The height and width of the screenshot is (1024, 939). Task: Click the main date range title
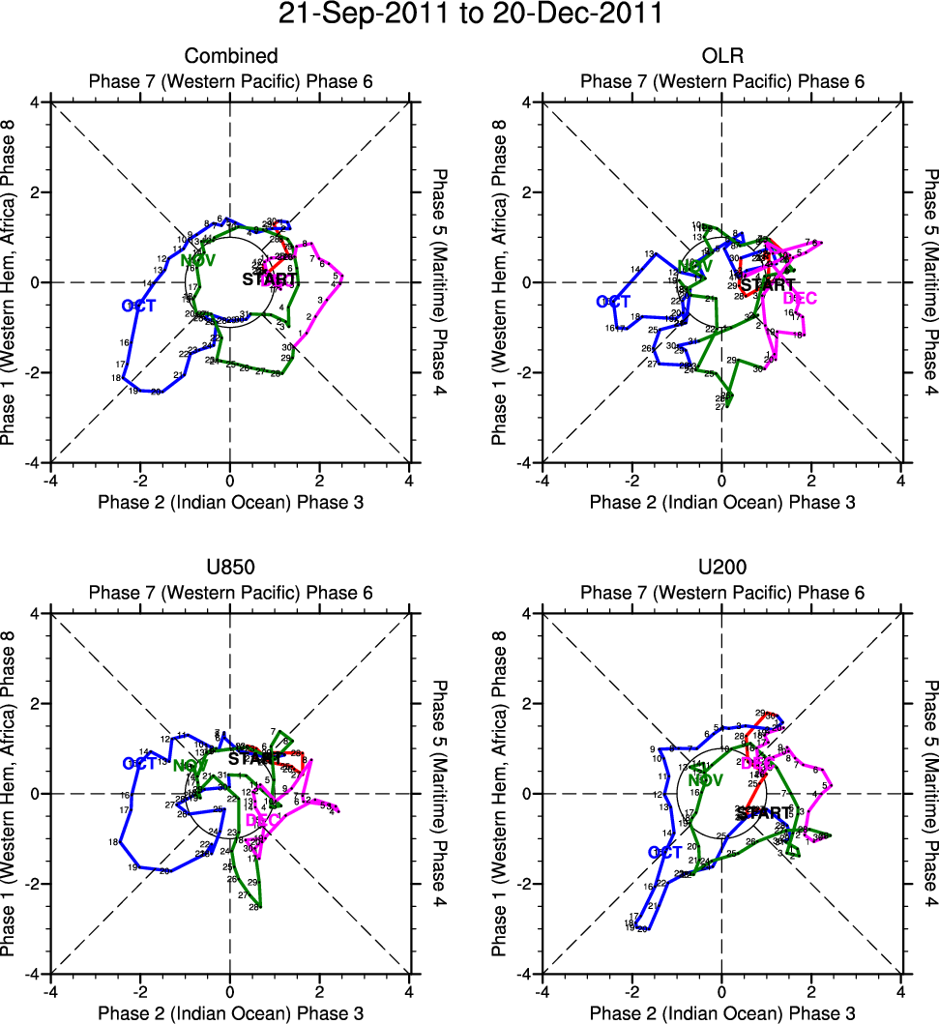click(470, 15)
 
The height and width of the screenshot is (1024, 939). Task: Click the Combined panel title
click(231, 56)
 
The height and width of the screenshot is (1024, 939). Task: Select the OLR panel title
click(722, 56)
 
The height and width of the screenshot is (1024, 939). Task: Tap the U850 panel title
click(231, 569)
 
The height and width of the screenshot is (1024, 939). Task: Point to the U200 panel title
click(722, 569)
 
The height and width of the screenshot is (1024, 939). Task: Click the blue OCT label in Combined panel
click(139, 306)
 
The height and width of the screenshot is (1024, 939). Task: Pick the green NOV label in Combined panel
click(197, 260)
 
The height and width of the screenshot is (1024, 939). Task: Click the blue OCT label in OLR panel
click(613, 302)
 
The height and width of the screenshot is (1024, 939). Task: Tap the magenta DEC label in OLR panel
click(800, 298)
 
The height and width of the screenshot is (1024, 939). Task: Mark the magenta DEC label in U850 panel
click(262, 820)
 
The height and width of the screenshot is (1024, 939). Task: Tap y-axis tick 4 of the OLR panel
click(528, 102)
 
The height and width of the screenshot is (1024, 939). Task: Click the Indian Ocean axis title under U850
click(231, 1013)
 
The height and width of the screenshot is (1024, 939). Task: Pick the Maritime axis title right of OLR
click(931, 281)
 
